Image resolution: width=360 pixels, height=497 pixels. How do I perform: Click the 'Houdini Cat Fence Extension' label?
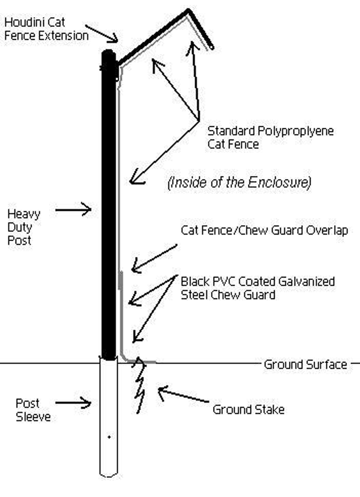46,29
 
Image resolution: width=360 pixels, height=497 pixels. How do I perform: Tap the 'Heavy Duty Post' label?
23,227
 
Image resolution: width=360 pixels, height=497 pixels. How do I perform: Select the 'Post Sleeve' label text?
33,410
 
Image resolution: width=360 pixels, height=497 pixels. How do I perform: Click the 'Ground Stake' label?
248,409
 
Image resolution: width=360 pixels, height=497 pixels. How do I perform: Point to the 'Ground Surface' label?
305,365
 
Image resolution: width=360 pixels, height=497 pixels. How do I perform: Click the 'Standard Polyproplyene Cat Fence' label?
270,138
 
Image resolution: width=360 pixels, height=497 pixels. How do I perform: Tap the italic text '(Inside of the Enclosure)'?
239,182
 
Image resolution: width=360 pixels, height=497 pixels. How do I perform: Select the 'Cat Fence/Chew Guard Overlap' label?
264,230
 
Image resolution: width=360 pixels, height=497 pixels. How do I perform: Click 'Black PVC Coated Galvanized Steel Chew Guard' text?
257,288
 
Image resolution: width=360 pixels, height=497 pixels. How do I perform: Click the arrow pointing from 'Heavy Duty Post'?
73,210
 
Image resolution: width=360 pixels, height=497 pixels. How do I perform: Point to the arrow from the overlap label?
154,258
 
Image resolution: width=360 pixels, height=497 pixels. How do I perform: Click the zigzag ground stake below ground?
140,387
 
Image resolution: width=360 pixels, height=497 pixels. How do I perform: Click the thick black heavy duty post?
109,204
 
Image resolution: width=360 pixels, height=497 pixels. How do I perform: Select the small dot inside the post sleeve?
109,437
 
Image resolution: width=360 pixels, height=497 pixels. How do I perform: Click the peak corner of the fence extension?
189,11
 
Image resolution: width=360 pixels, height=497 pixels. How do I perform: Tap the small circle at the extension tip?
211,47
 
